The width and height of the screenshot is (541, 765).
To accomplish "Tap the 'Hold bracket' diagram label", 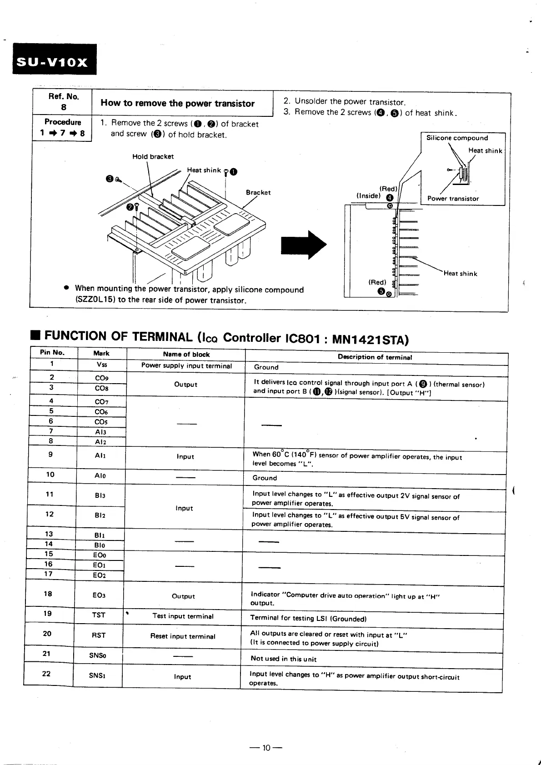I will click(x=153, y=157).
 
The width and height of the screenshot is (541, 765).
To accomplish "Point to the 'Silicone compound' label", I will click(x=457, y=138).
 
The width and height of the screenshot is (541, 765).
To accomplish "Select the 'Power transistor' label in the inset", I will click(x=453, y=199).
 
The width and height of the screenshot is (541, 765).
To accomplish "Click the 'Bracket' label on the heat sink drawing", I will click(x=258, y=193).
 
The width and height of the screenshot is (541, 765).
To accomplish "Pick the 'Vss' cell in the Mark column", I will click(x=102, y=365).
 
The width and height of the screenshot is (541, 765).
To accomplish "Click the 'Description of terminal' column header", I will click(x=375, y=357).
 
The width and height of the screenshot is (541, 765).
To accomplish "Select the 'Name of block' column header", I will click(x=186, y=355).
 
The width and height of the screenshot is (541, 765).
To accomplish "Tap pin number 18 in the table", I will click(x=48, y=594).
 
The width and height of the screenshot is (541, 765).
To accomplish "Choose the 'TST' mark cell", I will click(x=99, y=615).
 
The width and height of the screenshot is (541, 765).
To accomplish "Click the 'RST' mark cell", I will click(x=99, y=635).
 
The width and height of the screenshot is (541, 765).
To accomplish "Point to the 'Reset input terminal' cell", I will click(x=183, y=636).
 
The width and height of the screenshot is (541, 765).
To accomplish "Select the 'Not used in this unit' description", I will click(x=283, y=659).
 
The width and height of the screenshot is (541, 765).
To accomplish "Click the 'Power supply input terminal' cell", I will click(x=186, y=366).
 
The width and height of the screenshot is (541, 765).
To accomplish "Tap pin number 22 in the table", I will click(x=46, y=674).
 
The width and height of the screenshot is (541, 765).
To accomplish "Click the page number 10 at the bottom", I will click(x=266, y=748).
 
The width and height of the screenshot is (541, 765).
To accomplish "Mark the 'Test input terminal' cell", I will click(x=183, y=616).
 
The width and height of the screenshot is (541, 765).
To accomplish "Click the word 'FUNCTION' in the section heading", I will click(x=75, y=336).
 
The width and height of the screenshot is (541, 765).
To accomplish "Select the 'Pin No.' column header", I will click(x=52, y=353).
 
